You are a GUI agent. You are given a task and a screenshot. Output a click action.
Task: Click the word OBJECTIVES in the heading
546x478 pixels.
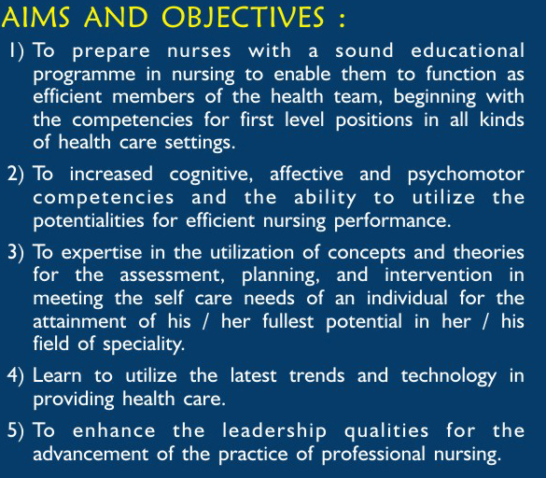243,17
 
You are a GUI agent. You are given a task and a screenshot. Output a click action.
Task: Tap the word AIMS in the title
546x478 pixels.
35,17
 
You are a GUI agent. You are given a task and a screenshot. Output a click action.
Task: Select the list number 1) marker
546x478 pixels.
17,51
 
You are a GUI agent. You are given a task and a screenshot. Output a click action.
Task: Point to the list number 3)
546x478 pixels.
16,253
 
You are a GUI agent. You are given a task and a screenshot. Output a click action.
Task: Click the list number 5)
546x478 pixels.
16,430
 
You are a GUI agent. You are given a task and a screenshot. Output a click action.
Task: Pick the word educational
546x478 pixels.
468,50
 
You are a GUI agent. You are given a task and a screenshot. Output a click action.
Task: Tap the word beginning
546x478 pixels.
435,98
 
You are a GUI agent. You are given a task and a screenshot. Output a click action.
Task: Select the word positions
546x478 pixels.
374,120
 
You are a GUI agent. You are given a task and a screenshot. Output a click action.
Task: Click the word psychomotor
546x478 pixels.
466,175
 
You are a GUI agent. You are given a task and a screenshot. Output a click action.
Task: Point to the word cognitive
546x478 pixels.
211,175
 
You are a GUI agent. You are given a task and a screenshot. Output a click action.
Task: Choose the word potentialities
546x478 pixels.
89,221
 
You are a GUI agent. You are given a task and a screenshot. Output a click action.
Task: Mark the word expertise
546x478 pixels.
102,253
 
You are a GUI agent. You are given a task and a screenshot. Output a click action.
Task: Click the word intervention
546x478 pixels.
439,274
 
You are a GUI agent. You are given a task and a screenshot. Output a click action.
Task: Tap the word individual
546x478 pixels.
407,298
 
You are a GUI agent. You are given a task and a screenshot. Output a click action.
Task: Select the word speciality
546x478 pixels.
144,344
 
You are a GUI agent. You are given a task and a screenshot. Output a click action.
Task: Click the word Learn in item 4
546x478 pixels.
57,376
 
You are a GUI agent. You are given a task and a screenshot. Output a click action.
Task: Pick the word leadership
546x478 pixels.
274,431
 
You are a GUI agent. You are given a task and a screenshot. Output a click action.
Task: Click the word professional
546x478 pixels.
373,455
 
